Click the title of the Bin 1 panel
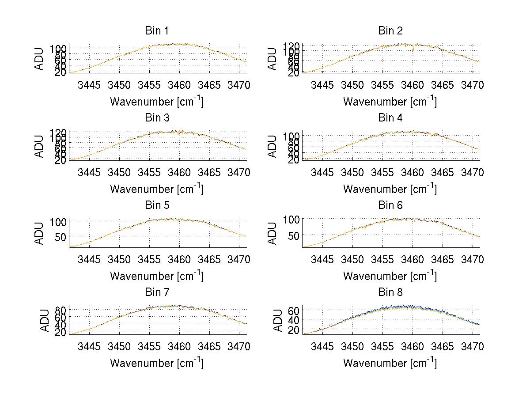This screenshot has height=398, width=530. click(157, 31)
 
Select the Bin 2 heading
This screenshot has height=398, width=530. click(390, 31)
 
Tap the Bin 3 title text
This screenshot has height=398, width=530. click(157, 118)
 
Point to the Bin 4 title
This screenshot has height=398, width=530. click(390, 118)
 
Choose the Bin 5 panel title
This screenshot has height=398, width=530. click(157, 205)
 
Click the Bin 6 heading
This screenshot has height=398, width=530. click(390, 205)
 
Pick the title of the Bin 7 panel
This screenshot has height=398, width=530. click(157, 292)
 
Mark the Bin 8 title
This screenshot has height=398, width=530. click(390, 292)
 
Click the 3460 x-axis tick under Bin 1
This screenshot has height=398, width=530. click(179, 85)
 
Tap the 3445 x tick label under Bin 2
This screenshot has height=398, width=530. click(322, 85)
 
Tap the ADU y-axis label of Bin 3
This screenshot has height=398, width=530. click(40, 146)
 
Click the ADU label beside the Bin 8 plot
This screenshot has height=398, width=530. click(277, 321)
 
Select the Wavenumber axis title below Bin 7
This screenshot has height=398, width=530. click(157, 363)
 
